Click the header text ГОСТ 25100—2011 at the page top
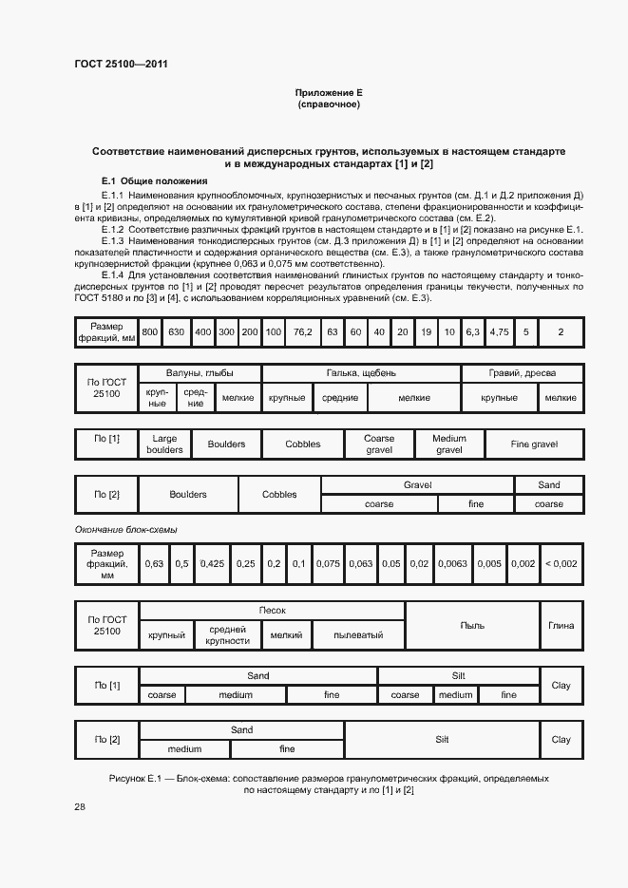coord(122,66)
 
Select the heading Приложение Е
coord(329,93)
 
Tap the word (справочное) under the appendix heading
coord(329,104)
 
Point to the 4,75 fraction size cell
coord(499,332)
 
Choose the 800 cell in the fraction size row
coord(150,332)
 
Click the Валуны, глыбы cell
coord(200,373)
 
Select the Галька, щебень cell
coord(361,373)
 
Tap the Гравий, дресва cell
coord(522,373)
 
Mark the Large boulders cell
coord(164,444)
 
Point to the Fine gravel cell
coord(534,444)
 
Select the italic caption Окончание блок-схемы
coord(126,529)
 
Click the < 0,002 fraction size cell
coord(561,564)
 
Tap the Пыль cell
coord(472,626)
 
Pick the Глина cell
coord(561,626)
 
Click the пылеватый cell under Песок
coord(358,634)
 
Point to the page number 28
coord(80,806)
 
